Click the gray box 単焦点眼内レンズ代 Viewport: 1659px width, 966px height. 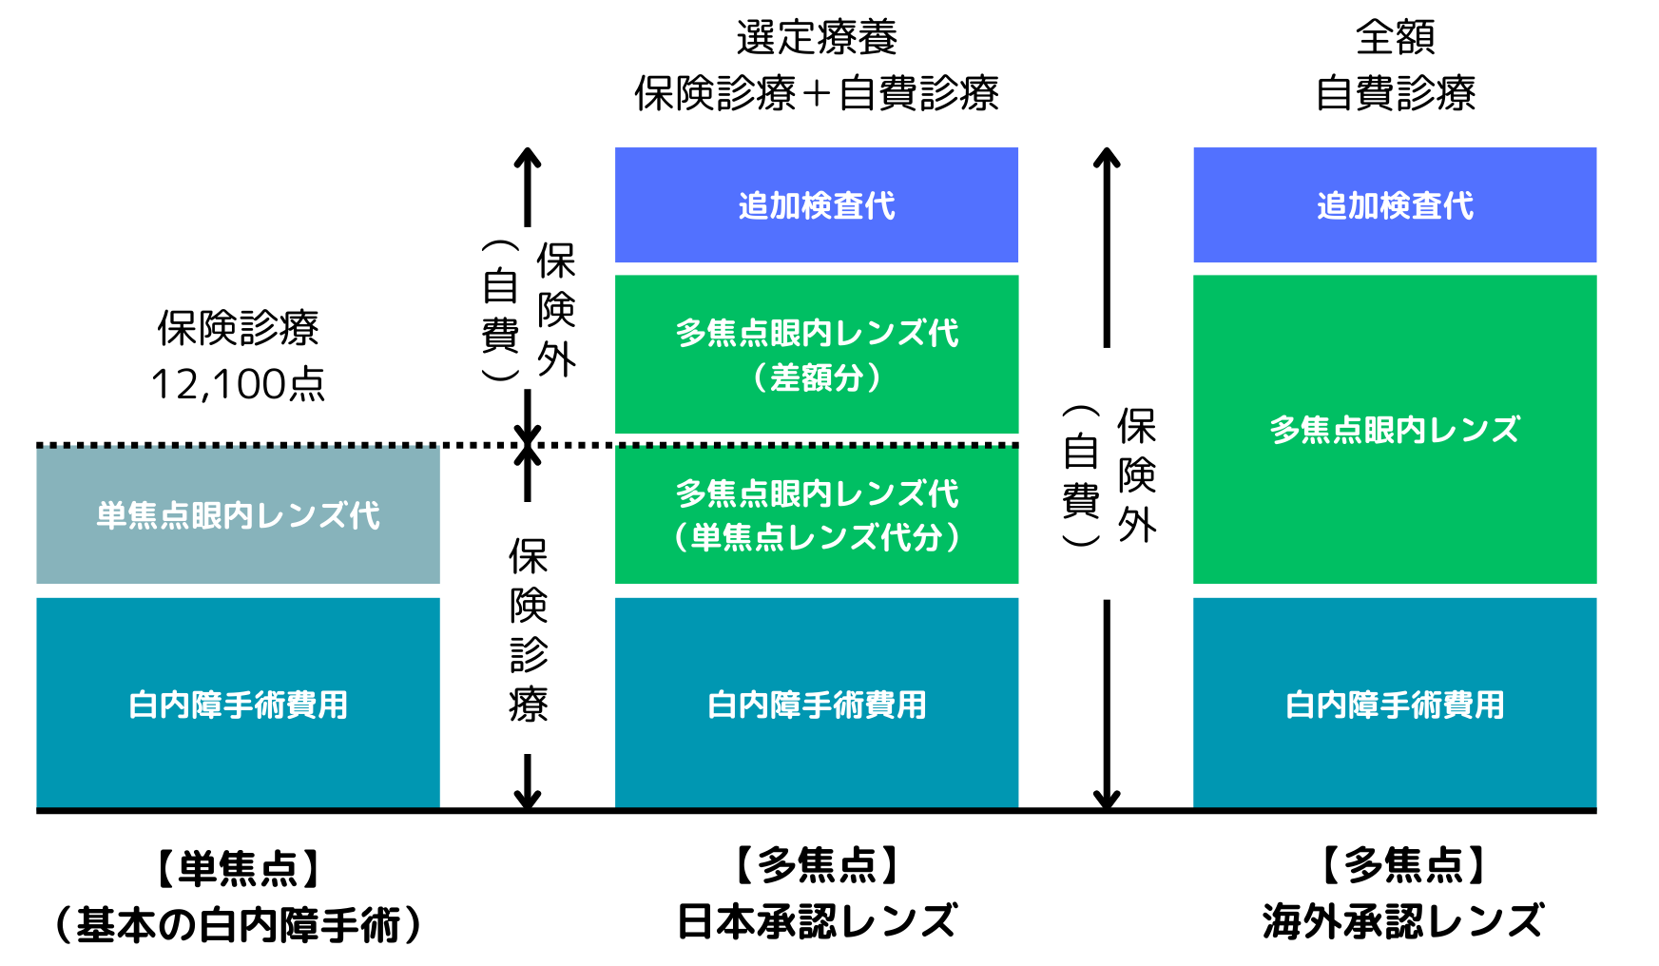[238, 515]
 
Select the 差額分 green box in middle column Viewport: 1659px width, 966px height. [816, 354]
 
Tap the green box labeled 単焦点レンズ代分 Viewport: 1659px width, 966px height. [816, 515]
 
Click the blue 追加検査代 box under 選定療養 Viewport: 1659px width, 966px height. [816, 204]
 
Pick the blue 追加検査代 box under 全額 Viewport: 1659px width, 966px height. [1394, 204]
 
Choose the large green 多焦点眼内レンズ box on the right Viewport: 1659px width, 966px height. [1394, 429]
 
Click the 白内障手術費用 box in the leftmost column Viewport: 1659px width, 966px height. [238, 704]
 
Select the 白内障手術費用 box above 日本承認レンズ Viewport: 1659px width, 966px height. [816, 704]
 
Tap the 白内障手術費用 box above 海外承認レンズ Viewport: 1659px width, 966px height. [1394, 704]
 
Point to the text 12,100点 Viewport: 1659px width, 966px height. [238, 384]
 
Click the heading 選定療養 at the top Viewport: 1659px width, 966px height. [816, 36]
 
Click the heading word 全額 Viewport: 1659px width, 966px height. [1394, 36]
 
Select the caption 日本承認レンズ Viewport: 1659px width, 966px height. [816, 920]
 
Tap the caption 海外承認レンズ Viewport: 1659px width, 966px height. [1401, 920]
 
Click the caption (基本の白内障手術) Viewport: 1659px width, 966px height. [238, 924]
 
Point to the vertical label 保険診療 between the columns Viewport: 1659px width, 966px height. [528, 629]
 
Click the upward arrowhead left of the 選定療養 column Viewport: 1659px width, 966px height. [528, 157]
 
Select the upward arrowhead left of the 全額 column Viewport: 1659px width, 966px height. [1106, 157]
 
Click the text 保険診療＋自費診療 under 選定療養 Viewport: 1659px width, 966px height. [816, 93]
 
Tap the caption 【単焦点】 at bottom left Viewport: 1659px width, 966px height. [238, 868]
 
